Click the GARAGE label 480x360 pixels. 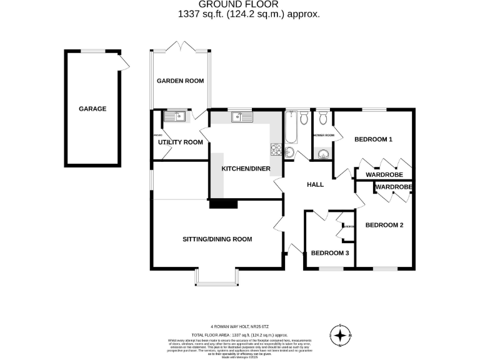(92, 109)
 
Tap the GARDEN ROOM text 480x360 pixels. (180, 81)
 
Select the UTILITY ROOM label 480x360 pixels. (181, 142)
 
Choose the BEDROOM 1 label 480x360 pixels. (373, 139)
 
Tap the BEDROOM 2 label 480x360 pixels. (384, 225)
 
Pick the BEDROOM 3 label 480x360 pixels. (330, 253)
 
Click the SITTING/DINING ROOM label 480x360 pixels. (217, 239)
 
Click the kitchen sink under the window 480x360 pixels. (239, 117)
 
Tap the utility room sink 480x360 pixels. (174, 116)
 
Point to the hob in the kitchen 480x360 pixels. (275, 149)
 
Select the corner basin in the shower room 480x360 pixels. (323, 155)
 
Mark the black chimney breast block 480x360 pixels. (224, 202)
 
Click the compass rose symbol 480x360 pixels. (340, 336)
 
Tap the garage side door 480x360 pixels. (125, 62)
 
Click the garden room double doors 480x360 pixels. (181, 47)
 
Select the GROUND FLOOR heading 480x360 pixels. (240, 4)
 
